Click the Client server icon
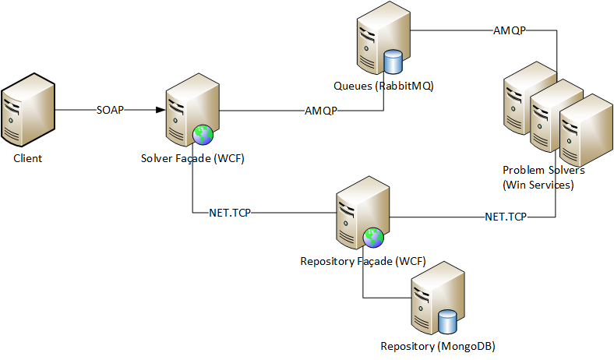pyautogui.click(x=28, y=110)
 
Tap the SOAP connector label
pyautogui.click(x=110, y=110)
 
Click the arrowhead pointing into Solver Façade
pyautogui.click(x=161, y=110)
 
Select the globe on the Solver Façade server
pyautogui.click(x=203, y=135)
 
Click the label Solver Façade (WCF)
pyautogui.click(x=192, y=158)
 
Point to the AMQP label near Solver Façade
pyautogui.click(x=321, y=111)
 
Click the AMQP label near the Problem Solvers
pyautogui.click(x=509, y=30)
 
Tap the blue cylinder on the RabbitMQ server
pyautogui.click(x=393, y=62)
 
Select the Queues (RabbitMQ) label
pyautogui.click(x=383, y=86)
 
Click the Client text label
pyautogui.click(x=27, y=158)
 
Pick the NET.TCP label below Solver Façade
pyautogui.click(x=230, y=213)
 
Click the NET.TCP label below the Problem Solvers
pyautogui.click(x=506, y=217)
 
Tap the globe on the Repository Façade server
pyautogui.click(x=373, y=238)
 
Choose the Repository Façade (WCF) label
pyautogui.click(x=363, y=261)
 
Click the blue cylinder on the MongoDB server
pyautogui.click(x=447, y=322)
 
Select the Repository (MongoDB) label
pyautogui.click(x=438, y=346)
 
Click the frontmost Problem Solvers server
pyautogui.click(x=586, y=130)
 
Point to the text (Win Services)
pyautogui.click(x=538, y=185)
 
